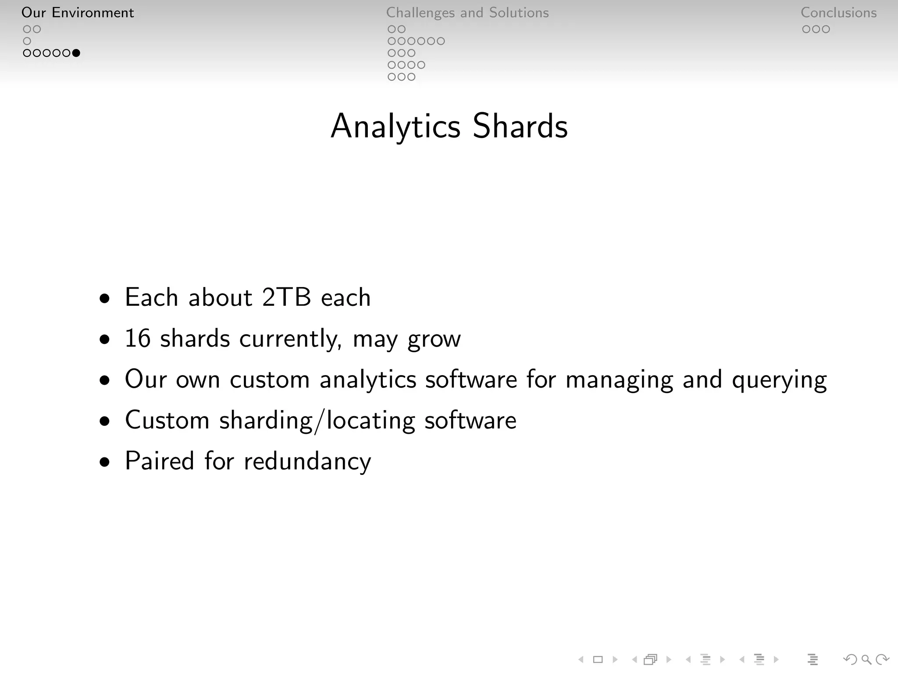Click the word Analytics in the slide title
click(396, 126)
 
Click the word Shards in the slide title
click(520, 126)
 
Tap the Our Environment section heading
click(78, 13)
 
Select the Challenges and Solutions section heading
click(467, 13)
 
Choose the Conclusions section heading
click(838, 13)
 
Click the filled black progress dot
click(76, 53)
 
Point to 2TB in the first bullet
click(286, 298)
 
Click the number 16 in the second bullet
click(138, 339)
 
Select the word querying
click(779, 380)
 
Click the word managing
click(619, 380)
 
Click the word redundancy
click(307, 461)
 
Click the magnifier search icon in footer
click(866, 659)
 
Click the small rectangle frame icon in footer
click(598, 659)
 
